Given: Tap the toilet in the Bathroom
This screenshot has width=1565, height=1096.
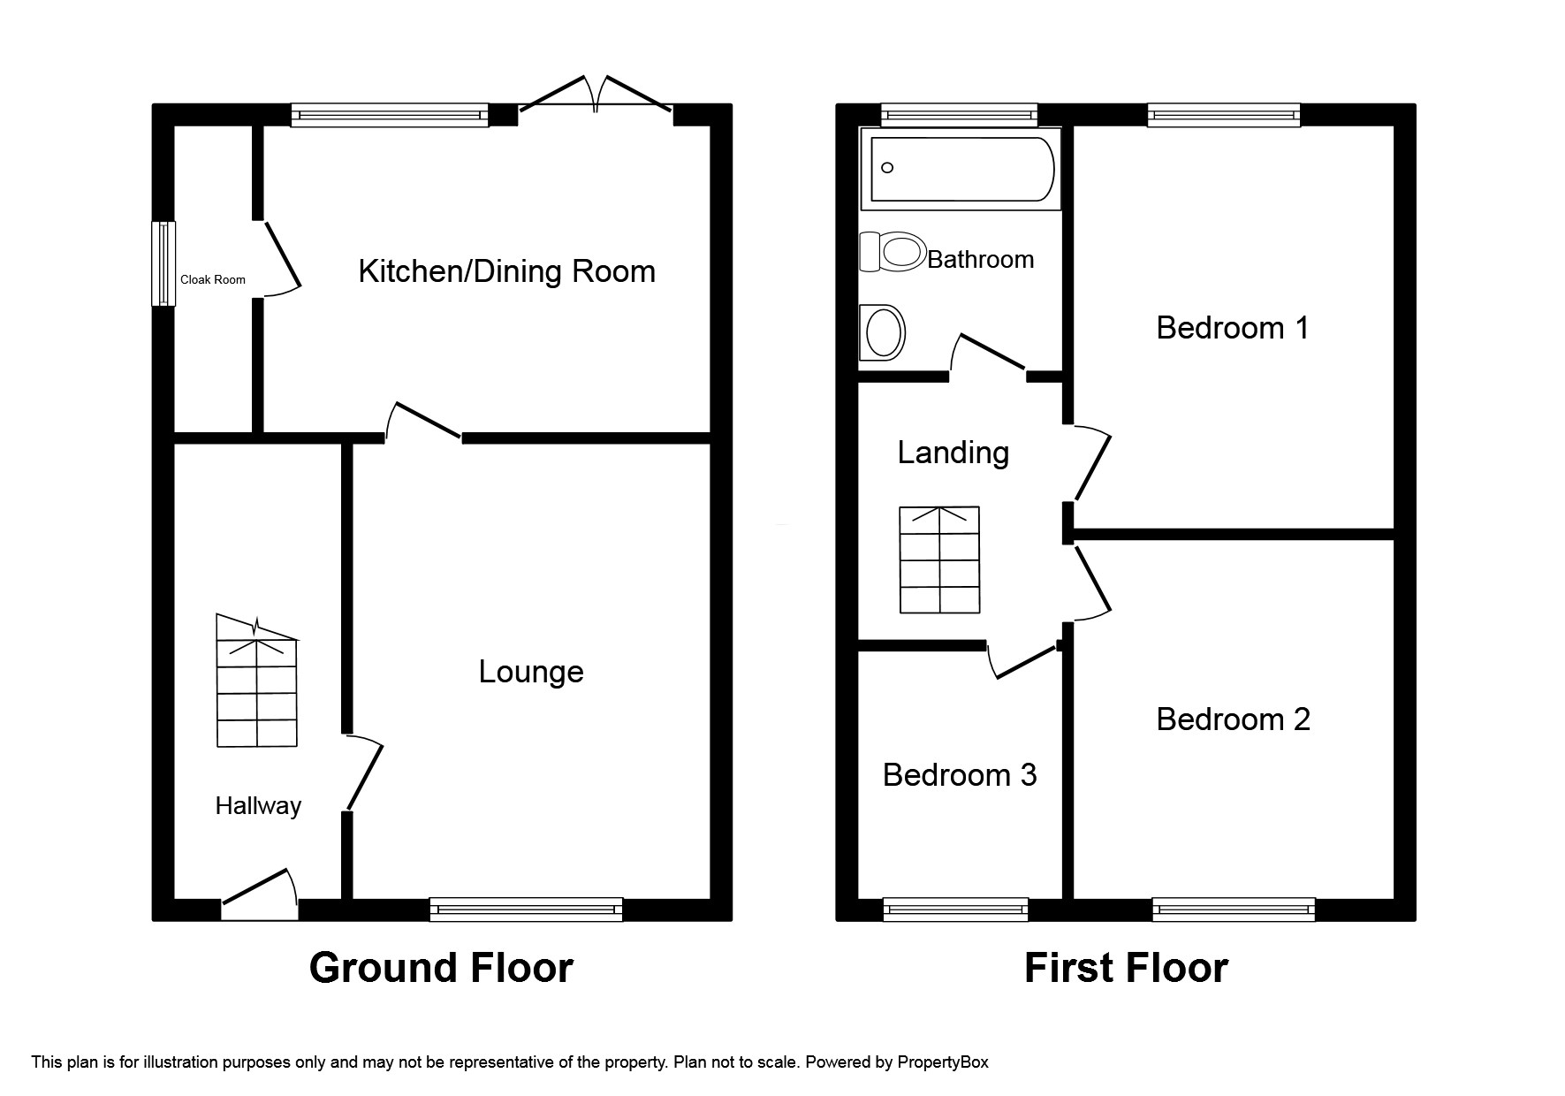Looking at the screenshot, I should [892, 251].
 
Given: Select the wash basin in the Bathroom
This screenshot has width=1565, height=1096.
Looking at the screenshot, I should [883, 332].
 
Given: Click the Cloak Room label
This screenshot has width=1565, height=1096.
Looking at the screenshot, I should [213, 279].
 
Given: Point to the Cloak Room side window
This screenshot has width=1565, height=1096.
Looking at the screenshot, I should [163, 263].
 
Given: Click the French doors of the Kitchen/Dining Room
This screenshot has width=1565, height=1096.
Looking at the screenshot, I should [597, 97].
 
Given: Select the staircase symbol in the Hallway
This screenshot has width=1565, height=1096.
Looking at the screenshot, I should [257, 682].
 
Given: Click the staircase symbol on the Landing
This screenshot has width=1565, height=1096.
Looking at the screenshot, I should [939, 559].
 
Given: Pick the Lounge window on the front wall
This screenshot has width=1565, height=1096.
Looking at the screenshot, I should [526, 909].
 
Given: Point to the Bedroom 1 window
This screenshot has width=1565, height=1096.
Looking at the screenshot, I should [1224, 115].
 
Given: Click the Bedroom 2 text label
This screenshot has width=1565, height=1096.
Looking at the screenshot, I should [1233, 719].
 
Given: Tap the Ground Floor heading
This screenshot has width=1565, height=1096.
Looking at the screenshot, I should [441, 968].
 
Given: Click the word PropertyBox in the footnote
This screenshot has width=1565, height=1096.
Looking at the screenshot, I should [942, 1062].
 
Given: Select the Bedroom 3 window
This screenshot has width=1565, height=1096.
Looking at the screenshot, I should [955, 909].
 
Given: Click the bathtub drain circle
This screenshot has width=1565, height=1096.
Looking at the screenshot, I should [888, 168].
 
